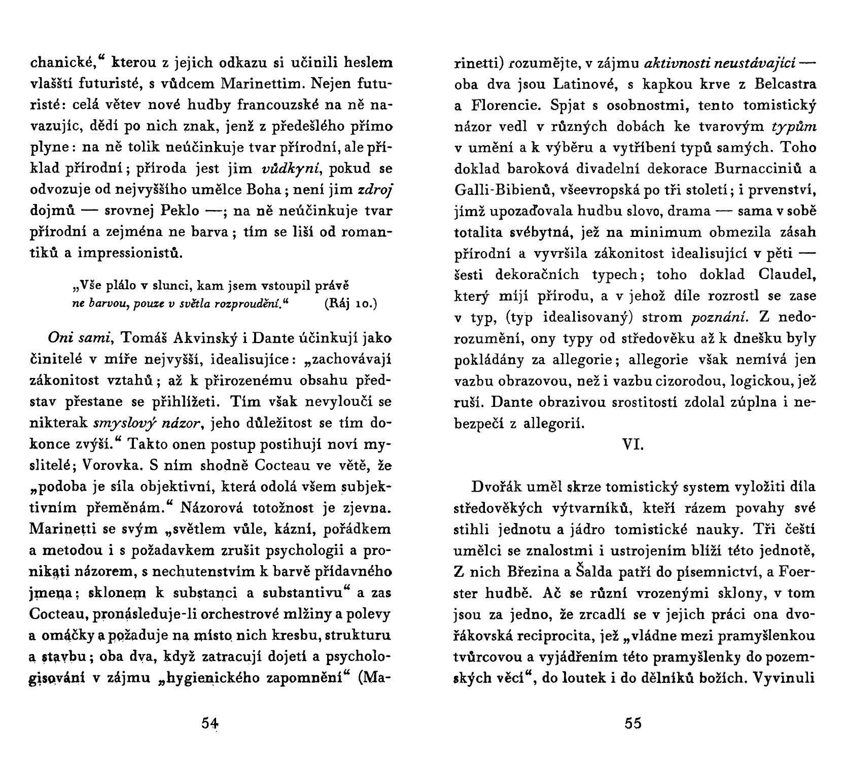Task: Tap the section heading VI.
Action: (x=632, y=444)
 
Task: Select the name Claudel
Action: (x=787, y=274)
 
